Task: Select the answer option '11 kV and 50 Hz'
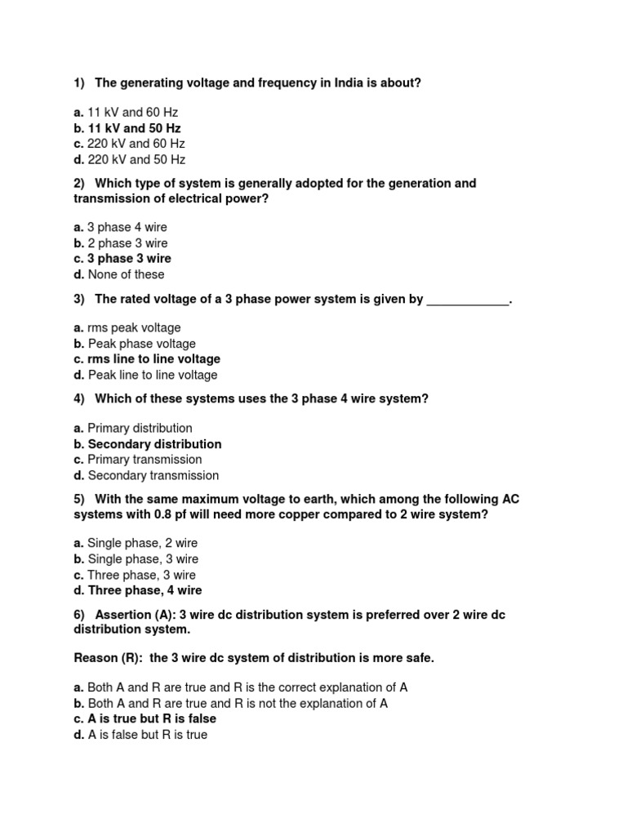[x=134, y=128]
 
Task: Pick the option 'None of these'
[x=126, y=274]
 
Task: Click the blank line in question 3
[x=468, y=300]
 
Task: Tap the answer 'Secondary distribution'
[x=154, y=444]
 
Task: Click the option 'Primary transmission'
[x=145, y=460]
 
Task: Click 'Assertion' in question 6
[x=122, y=615]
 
